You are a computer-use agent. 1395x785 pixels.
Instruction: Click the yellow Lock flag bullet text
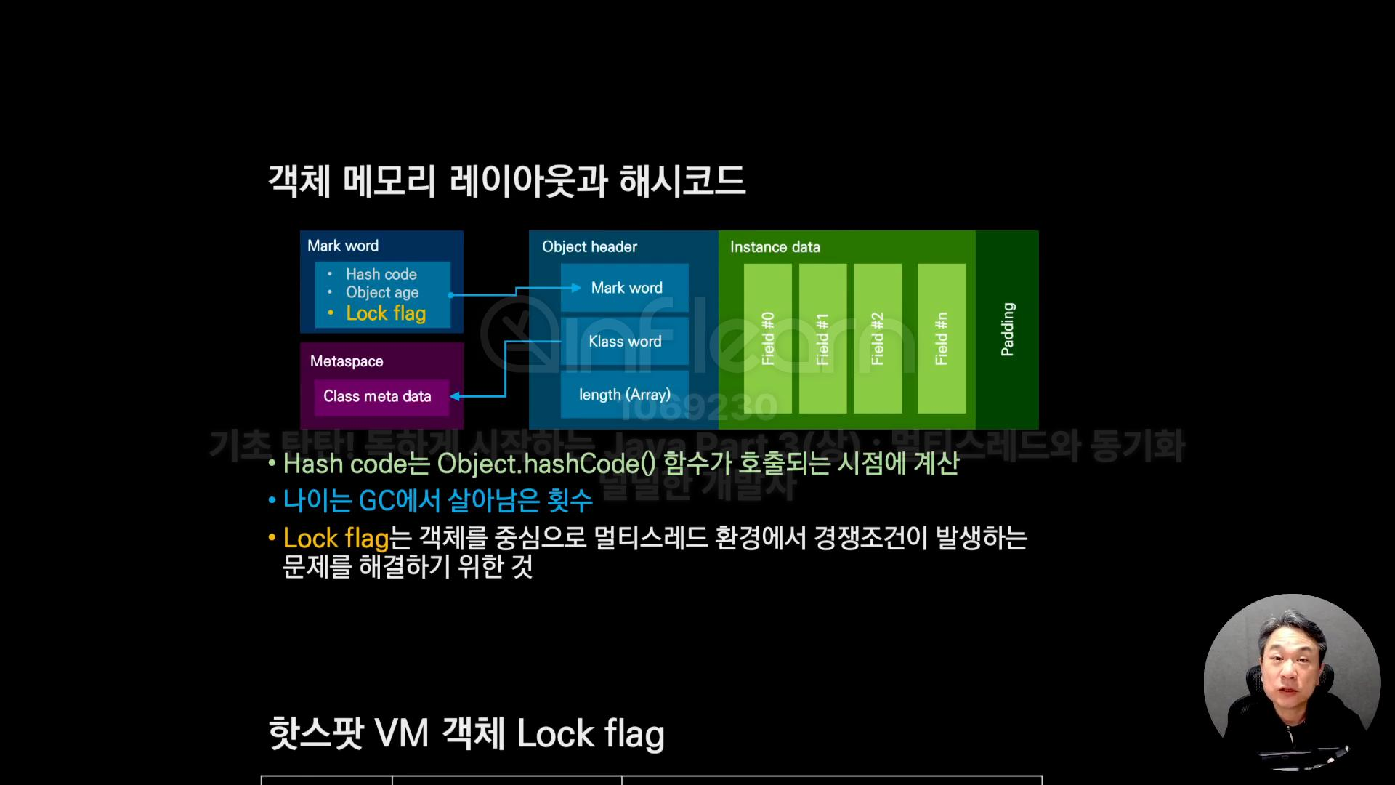tap(386, 313)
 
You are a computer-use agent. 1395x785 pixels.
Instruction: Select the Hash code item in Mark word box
tap(381, 274)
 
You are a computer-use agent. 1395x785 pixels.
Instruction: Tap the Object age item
tap(382, 292)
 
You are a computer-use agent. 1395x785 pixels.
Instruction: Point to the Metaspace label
tap(347, 361)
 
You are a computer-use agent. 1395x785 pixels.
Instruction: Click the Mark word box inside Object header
tap(625, 288)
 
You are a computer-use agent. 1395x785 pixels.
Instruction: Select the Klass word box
tap(625, 342)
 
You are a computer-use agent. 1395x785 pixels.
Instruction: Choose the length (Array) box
tap(625, 395)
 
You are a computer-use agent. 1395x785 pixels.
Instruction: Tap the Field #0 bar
tap(768, 339)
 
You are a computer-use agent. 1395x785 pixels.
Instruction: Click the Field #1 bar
tap(822, 339)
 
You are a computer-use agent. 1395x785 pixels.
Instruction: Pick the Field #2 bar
tap(878, 339)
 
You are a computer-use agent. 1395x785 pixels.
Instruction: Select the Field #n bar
tap(942, 339)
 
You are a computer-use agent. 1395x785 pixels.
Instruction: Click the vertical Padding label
tap(1007, 329)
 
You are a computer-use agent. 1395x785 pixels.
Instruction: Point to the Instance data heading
tap(775, 247)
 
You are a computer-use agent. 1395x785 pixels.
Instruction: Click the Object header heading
tap(589, 247)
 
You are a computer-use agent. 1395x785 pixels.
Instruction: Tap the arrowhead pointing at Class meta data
tap(456, 396)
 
